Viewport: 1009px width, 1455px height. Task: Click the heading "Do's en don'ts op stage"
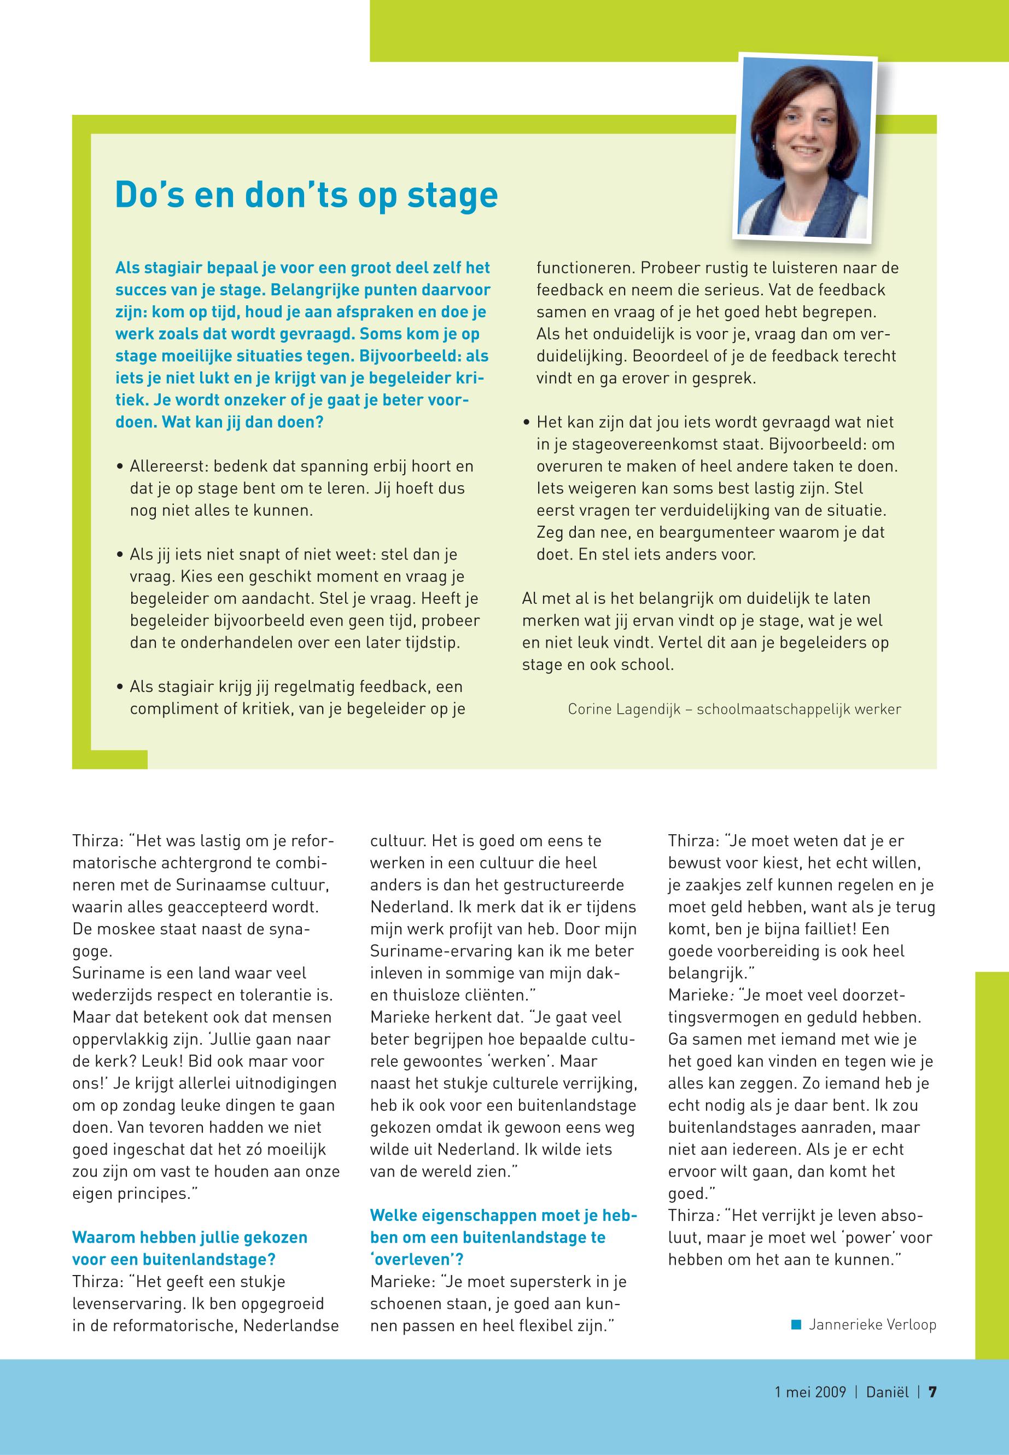(x=306, y=195)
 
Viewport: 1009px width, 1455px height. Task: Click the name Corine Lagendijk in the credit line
(x=623, y=709)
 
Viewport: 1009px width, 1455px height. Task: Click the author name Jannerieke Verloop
(x=872, y=1324)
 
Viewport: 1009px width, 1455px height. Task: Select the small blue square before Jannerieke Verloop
(x=796, y=1324)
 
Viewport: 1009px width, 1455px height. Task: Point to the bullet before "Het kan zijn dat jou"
(x=527, y=422)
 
